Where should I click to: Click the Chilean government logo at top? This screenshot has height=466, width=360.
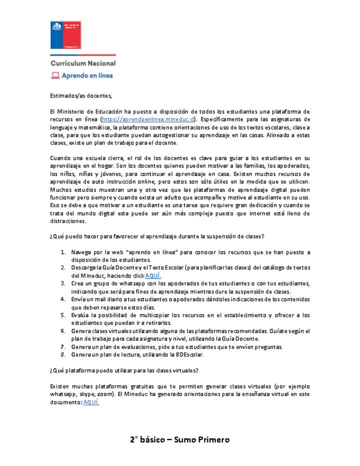[x=65, y=34]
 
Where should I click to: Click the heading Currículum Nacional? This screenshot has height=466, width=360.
[x=83, y=63]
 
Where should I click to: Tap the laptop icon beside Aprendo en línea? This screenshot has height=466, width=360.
[x=55, y=75]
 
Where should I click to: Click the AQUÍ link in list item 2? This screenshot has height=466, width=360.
[x=153, y=276]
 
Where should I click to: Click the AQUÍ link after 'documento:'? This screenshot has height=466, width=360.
[x=91, y=402]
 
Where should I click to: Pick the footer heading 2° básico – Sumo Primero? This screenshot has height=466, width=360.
[x=179, y=440]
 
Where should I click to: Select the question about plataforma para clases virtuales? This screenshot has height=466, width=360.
[x=124, y=370]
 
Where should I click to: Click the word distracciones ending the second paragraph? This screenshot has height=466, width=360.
[x=68, y=221]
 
